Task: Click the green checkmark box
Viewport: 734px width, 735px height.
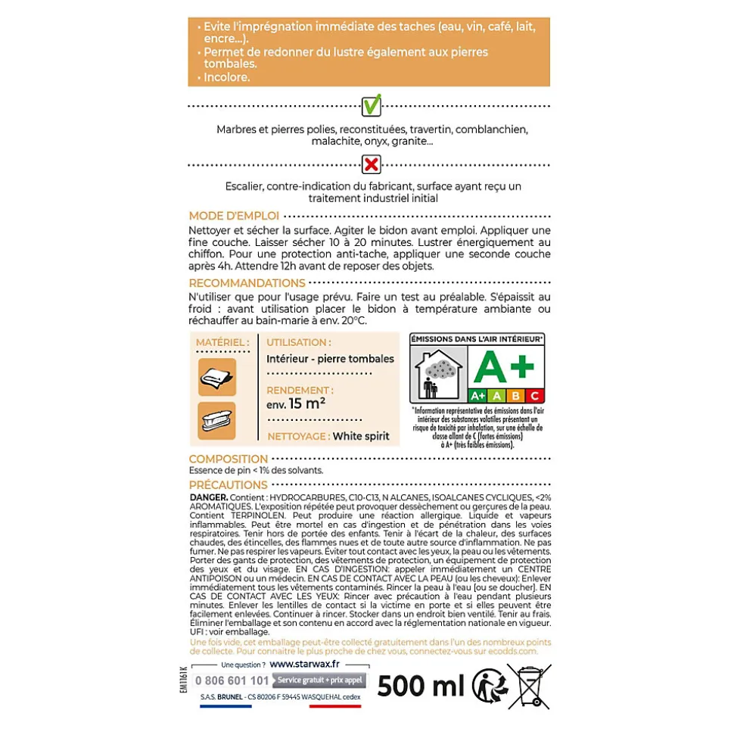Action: pyautogui.click(x=371, y=105)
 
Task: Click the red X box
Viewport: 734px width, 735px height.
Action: pyautogui.click(x=371, y=164)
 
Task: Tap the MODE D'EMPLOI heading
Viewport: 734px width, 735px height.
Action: pyautogui.click(x=234, y=216)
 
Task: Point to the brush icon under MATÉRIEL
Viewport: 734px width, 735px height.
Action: pyautogui.click(x=217, y=420)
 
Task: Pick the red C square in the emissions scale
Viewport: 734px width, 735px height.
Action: pyautogui.click(x=534, y=395)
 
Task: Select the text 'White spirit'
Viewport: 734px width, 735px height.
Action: pyautogui.click(x=361, y=436)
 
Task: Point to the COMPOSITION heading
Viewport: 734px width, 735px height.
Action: pyautogui.click(x=229, y=459)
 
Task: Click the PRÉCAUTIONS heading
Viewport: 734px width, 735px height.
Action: pyautogui.click(x=229, y=484)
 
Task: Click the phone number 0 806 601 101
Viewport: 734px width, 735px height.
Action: pyautogui.click(x=232, y=680)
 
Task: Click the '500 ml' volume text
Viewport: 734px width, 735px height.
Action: pyautogui.click(x=421, y=686)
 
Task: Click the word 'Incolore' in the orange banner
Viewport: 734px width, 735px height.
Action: pyautogui.click(x=226, y=77)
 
